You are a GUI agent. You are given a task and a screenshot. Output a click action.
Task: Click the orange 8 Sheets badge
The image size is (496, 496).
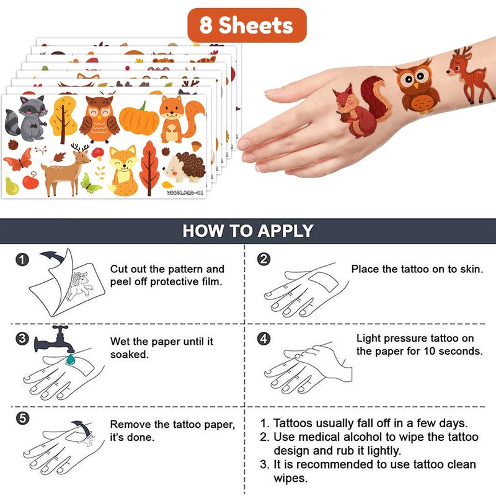[247, 25]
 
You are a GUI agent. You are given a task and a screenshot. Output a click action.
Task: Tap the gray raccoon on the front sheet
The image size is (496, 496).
[27, 118]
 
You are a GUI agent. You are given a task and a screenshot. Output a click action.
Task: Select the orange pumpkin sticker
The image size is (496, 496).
[139, 118]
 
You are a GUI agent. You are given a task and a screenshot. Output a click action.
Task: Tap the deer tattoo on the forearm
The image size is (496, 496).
[470, 75]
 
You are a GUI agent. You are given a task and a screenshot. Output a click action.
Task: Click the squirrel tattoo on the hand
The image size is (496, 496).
[362, 107]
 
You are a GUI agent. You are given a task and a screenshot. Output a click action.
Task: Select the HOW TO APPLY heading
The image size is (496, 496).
[248, 231]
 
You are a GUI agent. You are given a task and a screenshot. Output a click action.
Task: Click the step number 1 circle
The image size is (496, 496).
[22, 260]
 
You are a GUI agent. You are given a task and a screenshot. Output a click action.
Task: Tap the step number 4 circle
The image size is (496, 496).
[264, 339]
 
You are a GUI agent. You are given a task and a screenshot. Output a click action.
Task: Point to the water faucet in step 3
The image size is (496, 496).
[54, 340]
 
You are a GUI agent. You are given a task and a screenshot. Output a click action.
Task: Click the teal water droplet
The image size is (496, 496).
[71, 359]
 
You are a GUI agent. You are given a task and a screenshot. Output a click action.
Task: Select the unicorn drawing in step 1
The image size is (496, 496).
[80, 286]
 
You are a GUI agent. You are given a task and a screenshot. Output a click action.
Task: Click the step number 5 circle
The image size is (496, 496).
[22, 418]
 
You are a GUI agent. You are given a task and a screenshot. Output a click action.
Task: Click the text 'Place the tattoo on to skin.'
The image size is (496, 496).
[417, 269]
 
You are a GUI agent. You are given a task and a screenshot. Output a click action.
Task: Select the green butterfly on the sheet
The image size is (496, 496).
[91, 184]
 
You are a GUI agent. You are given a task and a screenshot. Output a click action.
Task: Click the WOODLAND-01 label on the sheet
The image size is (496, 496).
[185, 192]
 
